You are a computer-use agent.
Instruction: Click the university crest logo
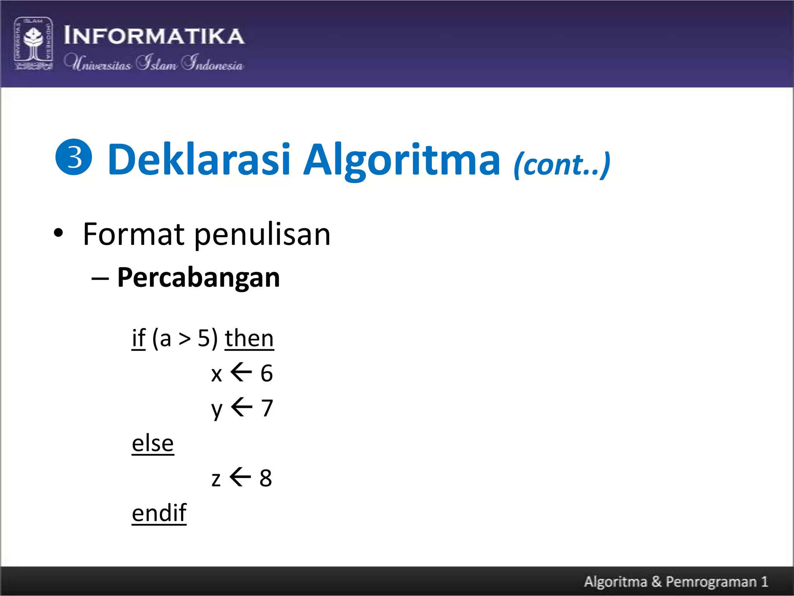[33, 43]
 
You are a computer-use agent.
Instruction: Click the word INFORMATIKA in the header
[154, 36]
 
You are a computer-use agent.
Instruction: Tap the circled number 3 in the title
[74, 157]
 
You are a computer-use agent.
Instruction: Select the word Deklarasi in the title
[198, 159]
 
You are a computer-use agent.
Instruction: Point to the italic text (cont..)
[562, 165]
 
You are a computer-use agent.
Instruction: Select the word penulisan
[262, 235]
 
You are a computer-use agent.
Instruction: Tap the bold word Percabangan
[198, 277]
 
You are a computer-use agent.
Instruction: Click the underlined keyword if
[138, 338]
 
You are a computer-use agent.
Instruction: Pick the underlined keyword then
[249, 338]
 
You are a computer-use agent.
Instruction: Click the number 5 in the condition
[204, 338]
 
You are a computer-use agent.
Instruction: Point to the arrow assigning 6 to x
[241, 372]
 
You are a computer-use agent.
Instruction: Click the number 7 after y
[267, 408]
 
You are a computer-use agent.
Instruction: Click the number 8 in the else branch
[266, 478]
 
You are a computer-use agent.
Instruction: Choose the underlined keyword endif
[159, 513]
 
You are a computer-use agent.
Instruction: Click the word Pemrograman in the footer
[711, 582]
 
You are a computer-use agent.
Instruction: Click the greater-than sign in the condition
[185, 339]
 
